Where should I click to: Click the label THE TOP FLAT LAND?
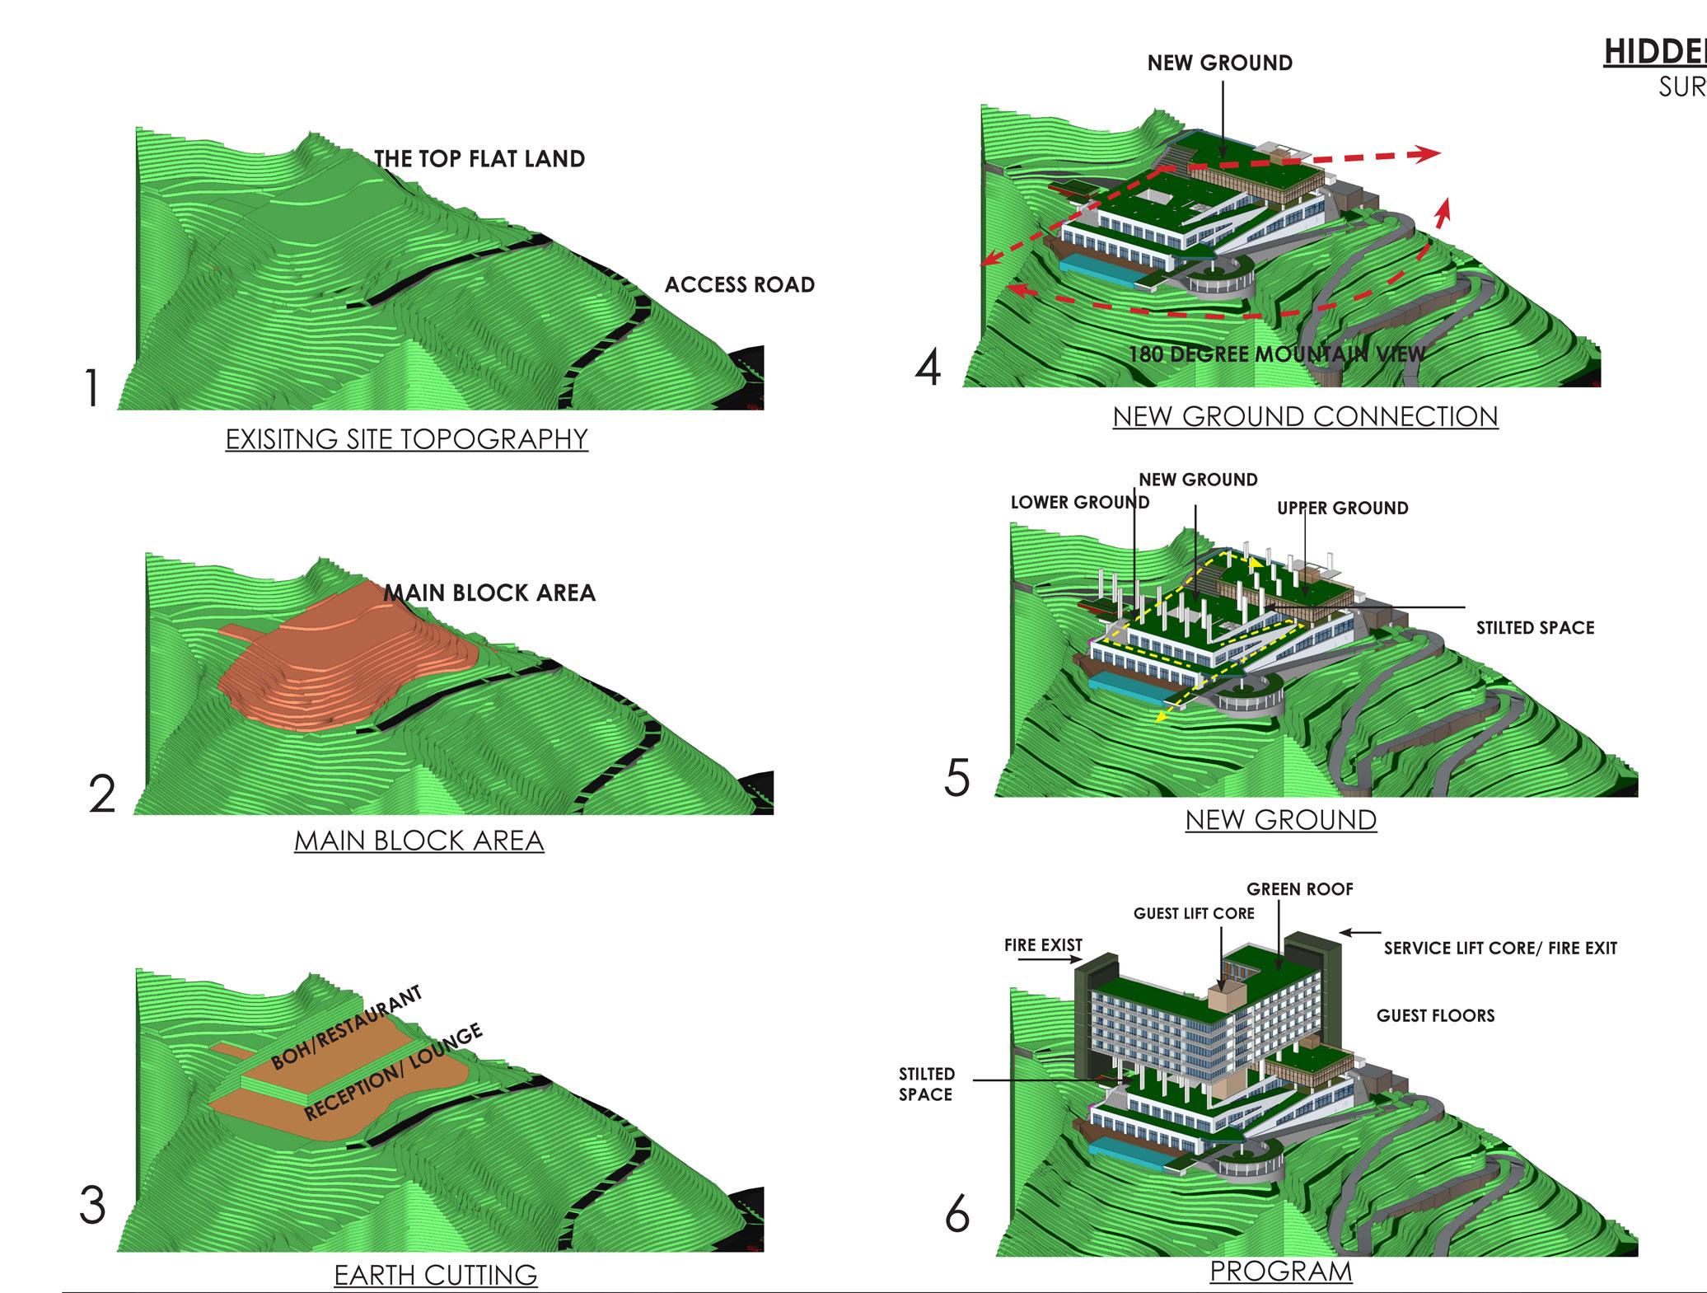479,159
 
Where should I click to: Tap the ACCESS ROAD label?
739,285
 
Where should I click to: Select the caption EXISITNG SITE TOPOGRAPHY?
406,438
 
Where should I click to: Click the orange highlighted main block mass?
346,659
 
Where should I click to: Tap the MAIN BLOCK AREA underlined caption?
419,841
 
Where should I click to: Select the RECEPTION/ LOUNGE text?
393,1072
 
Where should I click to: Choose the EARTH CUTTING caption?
435,1275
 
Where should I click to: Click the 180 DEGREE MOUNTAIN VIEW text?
1276,354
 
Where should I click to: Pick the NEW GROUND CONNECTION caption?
1305,416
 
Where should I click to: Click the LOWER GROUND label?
1079,502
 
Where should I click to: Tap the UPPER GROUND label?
1342,508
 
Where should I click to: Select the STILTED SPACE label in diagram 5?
1535,628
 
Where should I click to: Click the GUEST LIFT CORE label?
1194,913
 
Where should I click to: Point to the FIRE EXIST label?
1043,945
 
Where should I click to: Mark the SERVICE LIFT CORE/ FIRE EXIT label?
1500,949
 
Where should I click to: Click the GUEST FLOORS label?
1435,1015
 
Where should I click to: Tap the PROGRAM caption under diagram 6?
1280,1271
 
